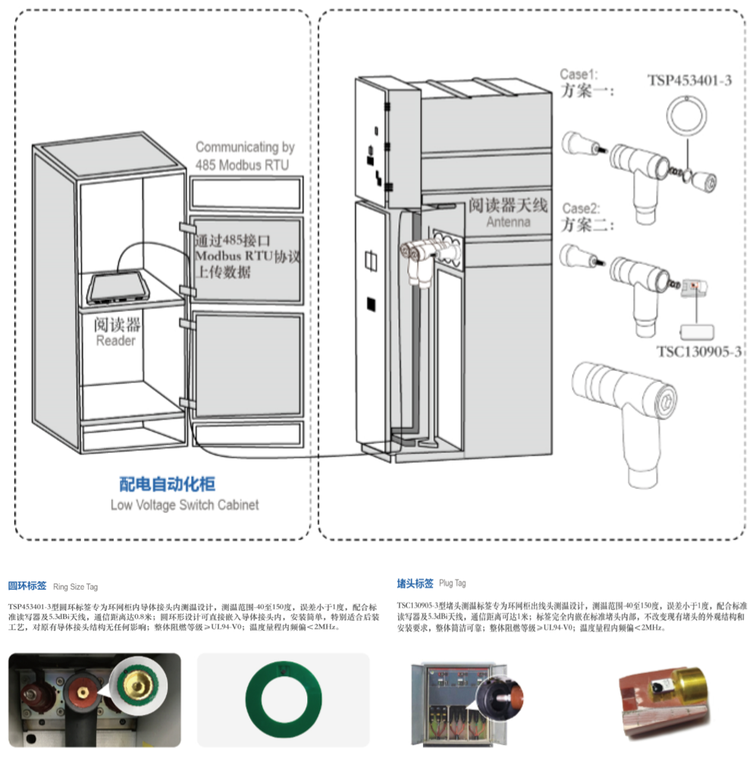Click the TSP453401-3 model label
point(689,80)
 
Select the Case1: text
point(579,74)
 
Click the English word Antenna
point(508,222)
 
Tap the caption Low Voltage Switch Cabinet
point(184,505)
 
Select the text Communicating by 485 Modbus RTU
point(244,156)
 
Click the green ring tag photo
point(283,699)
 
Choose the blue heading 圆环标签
point(27,586)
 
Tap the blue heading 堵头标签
point(415,583)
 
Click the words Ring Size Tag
point(75,586)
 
